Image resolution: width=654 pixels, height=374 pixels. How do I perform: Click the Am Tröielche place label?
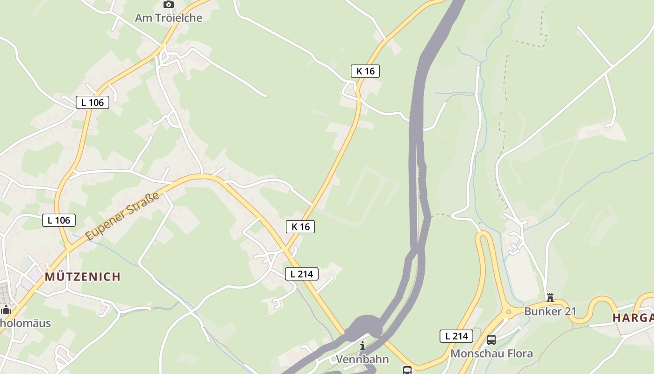169,18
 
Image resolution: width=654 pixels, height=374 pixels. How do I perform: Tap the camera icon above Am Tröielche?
169,5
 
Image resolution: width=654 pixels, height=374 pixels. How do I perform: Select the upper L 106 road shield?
92,102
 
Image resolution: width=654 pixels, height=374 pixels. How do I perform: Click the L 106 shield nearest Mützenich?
59,220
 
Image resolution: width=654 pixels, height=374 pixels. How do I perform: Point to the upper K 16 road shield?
365,71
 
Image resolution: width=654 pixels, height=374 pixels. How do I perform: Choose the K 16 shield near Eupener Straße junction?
300,227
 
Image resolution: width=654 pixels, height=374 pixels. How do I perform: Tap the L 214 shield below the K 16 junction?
302,274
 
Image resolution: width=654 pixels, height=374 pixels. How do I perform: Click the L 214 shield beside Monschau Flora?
456,336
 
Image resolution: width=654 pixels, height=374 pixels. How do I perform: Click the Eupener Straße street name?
123,216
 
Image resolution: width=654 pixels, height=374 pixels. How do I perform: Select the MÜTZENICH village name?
83,277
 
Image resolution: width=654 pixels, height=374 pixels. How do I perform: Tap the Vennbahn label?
363,359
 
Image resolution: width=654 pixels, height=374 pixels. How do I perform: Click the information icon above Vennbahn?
363,346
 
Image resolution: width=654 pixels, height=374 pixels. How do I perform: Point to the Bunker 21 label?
550,311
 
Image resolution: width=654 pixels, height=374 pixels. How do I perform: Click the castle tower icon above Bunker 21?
550,298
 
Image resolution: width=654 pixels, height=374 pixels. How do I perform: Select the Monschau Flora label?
491,353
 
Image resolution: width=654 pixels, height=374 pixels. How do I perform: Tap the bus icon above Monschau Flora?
491,340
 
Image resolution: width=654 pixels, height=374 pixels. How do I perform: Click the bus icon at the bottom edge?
407,370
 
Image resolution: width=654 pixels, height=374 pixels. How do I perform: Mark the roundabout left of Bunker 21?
508,311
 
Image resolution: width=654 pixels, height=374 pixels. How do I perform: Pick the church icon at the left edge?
6,309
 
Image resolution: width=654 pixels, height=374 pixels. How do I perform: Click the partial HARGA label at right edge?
633,318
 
